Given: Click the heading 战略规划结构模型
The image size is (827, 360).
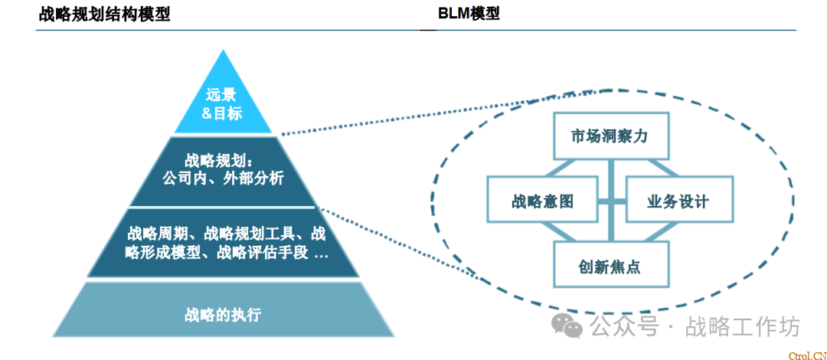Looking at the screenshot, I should point(104,14).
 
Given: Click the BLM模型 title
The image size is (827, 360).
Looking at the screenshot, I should point(469,14).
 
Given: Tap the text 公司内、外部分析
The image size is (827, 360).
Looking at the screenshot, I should point(223,178).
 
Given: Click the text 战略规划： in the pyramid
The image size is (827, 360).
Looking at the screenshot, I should point(218,161).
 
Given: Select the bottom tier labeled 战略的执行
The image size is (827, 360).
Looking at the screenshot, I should point(223,314).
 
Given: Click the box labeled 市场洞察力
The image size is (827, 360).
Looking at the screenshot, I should point(610,136).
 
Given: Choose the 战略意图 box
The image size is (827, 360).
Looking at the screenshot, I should point(542,201).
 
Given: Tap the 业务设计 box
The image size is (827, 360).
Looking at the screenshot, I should point(678,201).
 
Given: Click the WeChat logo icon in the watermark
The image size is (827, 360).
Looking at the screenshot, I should point(568,327).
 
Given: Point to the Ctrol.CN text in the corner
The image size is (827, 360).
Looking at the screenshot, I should point(806,355).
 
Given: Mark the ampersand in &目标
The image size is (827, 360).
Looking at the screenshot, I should point(207,113).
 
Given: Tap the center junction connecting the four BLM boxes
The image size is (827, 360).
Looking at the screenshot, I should point(610,201).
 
